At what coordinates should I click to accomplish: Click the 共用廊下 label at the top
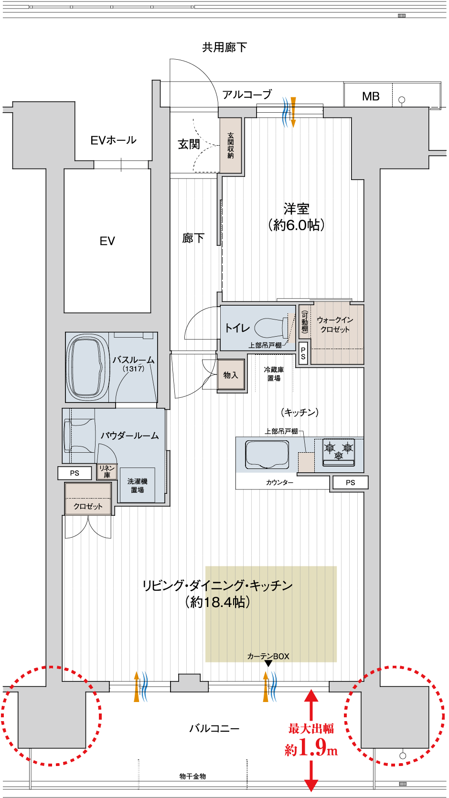(x=224, y=47)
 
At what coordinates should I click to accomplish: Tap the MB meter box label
(x=371, y=96)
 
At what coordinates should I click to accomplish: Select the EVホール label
(x=113, y=140)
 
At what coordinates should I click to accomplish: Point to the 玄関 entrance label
(x=189, y=144)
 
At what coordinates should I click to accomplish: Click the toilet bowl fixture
(x=271, y=328)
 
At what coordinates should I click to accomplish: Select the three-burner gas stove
(x=339, y=452)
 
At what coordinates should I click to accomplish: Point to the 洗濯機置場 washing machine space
(x=137, y=485)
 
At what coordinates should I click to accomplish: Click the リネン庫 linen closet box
(x=107, y=471)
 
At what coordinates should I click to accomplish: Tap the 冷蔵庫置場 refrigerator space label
(x=274, y=374)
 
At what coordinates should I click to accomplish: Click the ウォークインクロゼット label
(x=335, y=325)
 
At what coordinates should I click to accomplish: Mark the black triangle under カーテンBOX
(x=268, y=663)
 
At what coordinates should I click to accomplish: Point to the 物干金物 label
(x=193, y=776)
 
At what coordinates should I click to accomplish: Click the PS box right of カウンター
(x=350, y=482)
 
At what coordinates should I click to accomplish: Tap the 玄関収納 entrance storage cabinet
(x=231, y=145)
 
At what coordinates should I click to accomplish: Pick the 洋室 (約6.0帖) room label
(x=297, y=217)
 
